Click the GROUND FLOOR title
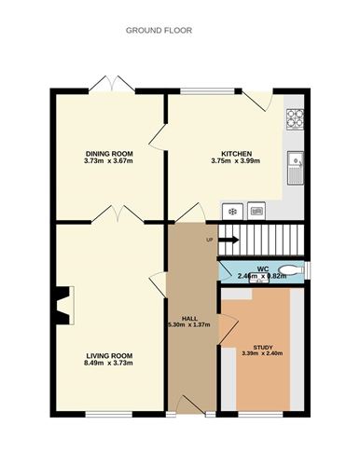pos(159,31)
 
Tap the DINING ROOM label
pos(109,154)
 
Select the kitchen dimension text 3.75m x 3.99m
pos(236,161)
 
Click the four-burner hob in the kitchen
pos(295,119)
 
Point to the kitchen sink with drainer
pos(296,168)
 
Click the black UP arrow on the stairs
pos(228,240)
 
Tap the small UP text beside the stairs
pos(210,240)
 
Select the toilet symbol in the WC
pos(292,269)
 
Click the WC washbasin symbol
pos(258,279)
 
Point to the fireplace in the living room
pos(64,306)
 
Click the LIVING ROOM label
pos(109,356)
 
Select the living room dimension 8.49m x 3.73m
pos(108,363)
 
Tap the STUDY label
pos(263,348)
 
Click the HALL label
pos(189,319)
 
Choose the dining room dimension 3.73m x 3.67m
pos(108,161)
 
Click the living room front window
pos(109,414)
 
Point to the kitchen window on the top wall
pos(207,91)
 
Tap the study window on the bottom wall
pos(260,414)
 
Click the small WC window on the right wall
pos(307,269)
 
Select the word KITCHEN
pos(236,154)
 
